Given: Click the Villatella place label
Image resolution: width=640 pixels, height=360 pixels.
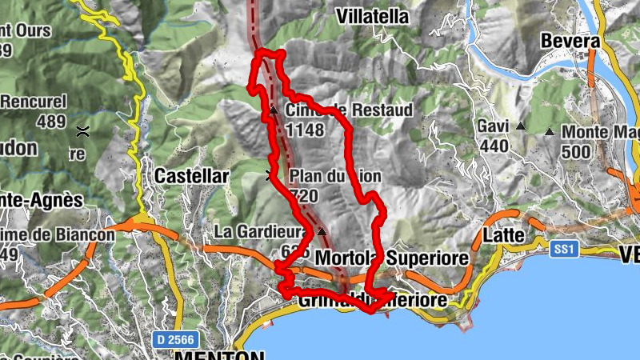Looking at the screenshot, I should click(372, 17).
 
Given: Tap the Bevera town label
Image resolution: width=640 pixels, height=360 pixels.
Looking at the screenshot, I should click(570, 41).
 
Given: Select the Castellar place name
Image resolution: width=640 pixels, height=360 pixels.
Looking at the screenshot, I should click(191, 175).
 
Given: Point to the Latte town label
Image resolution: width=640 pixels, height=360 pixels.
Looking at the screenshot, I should click(504, 236).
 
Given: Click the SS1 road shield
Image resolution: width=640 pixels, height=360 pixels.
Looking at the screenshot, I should click(564, 250).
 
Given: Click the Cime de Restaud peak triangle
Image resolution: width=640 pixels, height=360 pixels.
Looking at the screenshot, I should click(273, 110).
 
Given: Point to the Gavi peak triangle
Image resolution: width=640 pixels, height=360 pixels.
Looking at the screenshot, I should click(521, 126).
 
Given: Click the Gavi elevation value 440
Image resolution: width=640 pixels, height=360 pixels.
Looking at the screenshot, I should click(494, 146).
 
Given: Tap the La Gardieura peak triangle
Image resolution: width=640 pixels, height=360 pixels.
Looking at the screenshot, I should click(322, 231).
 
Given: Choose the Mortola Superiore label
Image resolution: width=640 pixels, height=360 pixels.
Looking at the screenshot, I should click(391, 258).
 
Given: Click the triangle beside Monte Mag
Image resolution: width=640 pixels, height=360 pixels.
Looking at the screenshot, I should click(550, 131).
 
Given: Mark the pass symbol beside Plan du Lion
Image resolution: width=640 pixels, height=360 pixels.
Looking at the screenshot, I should click(269, 175).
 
